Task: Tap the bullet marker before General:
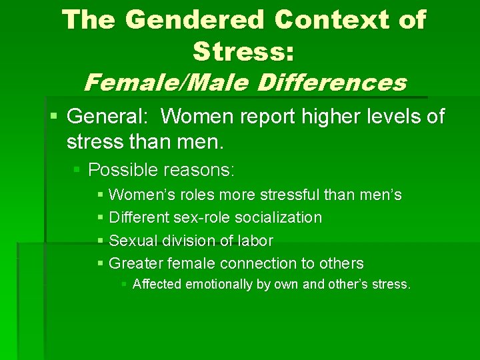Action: point(53,117)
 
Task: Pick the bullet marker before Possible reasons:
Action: point(77,170)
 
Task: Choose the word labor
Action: point(255,240)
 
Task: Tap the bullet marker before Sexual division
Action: point(100,241)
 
